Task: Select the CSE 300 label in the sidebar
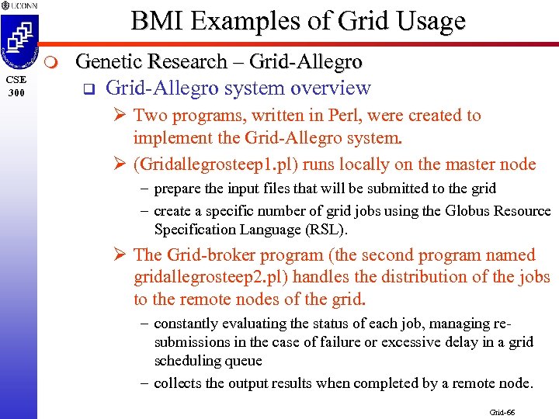click(17, 85)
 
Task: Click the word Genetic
click(108, 61)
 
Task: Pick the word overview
click(331, 88)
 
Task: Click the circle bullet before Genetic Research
click(48, 62)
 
